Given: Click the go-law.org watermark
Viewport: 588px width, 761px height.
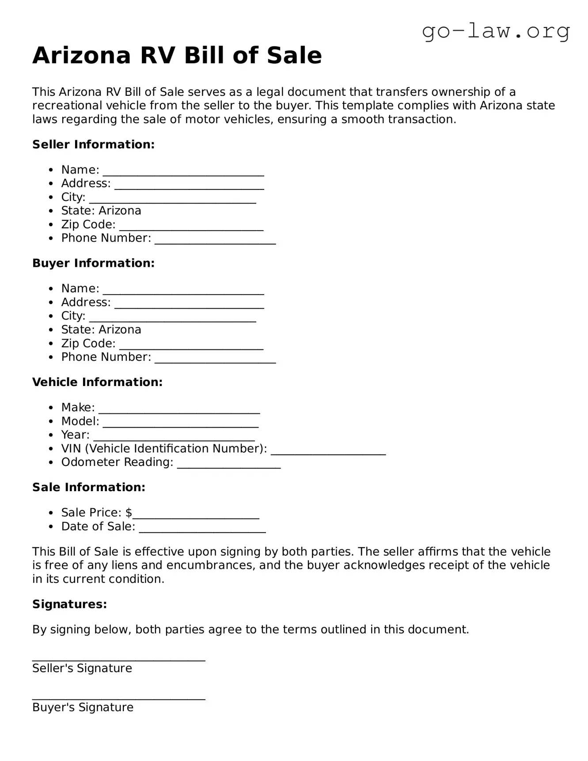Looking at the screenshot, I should (496, 32).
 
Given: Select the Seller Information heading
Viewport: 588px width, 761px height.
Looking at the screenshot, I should (93, 144).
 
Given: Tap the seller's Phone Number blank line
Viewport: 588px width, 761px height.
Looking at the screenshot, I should (215, 242).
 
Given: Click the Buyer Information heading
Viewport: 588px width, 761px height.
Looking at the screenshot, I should (93, 263).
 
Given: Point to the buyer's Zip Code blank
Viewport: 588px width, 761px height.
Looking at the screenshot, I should (191, 348).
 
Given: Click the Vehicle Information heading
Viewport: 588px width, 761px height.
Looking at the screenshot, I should (97, 382).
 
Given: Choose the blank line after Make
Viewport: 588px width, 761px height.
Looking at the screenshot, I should (179, 412).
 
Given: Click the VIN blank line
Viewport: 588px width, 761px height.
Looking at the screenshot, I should (328, 453).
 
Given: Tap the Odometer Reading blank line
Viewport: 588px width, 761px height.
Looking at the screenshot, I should (229, 466).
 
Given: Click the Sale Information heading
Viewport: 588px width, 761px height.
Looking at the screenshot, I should (88, 487).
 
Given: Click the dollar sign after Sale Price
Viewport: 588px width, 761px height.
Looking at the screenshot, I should (129, 513).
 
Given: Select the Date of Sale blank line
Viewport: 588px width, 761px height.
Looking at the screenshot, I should (202, 530).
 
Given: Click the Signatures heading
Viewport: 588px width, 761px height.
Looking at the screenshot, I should (69, 604).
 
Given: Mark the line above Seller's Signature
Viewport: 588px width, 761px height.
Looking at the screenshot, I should (118, 660).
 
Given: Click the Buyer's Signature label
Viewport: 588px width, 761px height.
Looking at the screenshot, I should (83, 708).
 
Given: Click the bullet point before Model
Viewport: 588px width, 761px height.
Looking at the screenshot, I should (52, 422).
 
